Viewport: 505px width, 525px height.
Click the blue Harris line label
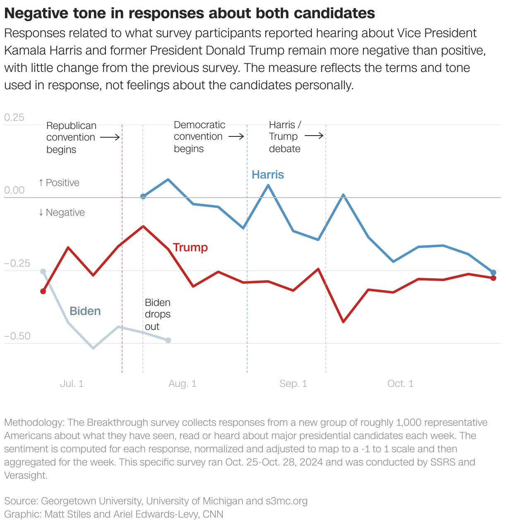pos(267,174)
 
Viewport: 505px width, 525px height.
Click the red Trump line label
pos(190,247)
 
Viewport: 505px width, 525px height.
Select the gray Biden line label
pos(85,311)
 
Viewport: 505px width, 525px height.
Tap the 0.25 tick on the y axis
pos(14,117)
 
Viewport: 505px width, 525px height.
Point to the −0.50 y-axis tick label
pos(17,336)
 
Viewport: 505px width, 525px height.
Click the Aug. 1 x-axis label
pos(182,384)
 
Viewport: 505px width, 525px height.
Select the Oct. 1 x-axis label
pos(400,384)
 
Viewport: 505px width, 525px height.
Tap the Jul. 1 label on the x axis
pos(72,384)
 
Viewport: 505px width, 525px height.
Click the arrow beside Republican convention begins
pos(110,137)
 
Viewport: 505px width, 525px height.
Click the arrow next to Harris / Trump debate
pos(314,136)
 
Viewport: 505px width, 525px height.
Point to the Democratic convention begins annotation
pos(199,136)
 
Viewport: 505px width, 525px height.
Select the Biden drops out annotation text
pos(157,314)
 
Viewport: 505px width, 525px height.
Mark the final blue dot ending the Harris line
pos(493,272)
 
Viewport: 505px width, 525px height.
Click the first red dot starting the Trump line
pos(43,291)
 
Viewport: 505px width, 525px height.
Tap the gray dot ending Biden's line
pos(168,340)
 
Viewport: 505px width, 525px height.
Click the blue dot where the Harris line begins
pos(143,196)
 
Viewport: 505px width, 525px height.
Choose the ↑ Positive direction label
pos(59,183)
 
